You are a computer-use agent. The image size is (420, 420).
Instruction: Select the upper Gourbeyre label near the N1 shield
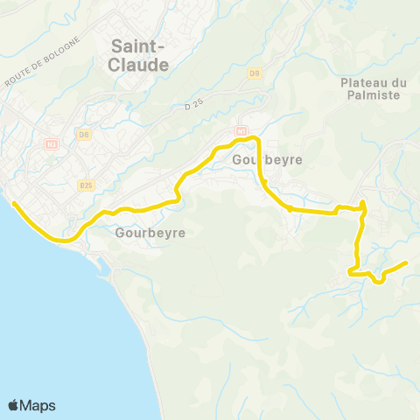pos(268,161)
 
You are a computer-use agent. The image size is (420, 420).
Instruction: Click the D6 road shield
pos(84,134)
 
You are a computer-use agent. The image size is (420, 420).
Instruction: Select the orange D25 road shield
pos(86,185)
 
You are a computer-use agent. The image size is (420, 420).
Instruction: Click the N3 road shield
pos(52,143)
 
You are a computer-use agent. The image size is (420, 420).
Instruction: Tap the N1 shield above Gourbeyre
pos(240,130)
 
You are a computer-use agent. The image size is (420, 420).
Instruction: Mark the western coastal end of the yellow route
pos(13,204)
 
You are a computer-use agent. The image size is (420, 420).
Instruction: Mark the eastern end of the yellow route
pos(407,262)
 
